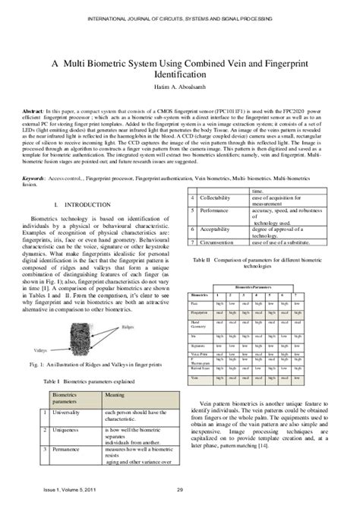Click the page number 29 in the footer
tap(180, 498)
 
